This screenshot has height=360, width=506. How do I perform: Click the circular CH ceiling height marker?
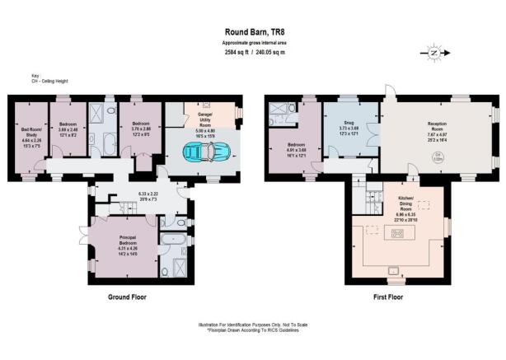coord(439,160)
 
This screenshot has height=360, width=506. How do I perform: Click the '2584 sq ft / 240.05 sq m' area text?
coord(252,52)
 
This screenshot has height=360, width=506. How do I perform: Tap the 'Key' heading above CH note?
coord(25,77)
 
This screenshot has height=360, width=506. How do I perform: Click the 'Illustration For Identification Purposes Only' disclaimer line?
coord(252,326)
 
